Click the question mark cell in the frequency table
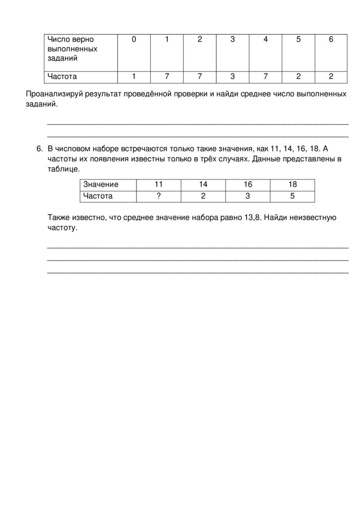point(159,196)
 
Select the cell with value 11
point(159,184)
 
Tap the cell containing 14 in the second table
point(203,184)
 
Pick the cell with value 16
point(248,184)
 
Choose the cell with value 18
point(292,184)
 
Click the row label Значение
point(101,184)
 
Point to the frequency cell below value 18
point(292,196)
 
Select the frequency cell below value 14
point(203,196)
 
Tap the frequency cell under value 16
point(248,196)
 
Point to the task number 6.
point(39,149)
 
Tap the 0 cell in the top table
point(134,39)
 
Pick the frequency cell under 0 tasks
point(134,77)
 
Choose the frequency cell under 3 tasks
point(232,77)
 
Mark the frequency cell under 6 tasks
point(331,77)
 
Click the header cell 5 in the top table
point(298,39)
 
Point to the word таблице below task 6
point(63,169)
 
